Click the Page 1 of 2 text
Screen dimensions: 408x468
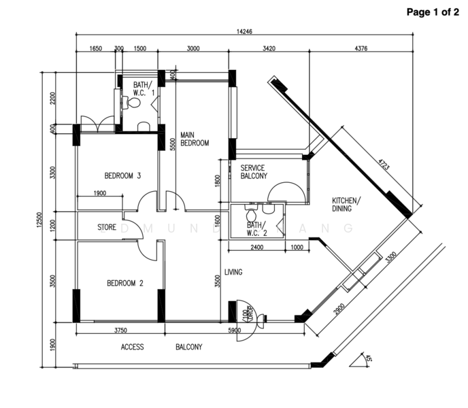432,12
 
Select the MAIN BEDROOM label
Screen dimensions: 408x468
194,139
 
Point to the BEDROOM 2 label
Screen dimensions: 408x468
124,284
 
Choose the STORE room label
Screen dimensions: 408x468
107,227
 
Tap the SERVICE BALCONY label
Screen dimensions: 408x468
252,171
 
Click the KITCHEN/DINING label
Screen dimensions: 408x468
347,205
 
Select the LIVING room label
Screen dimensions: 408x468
234,272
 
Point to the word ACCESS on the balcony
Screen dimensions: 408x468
132,347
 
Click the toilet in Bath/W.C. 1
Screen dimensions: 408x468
133,103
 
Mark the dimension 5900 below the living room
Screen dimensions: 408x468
235,331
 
